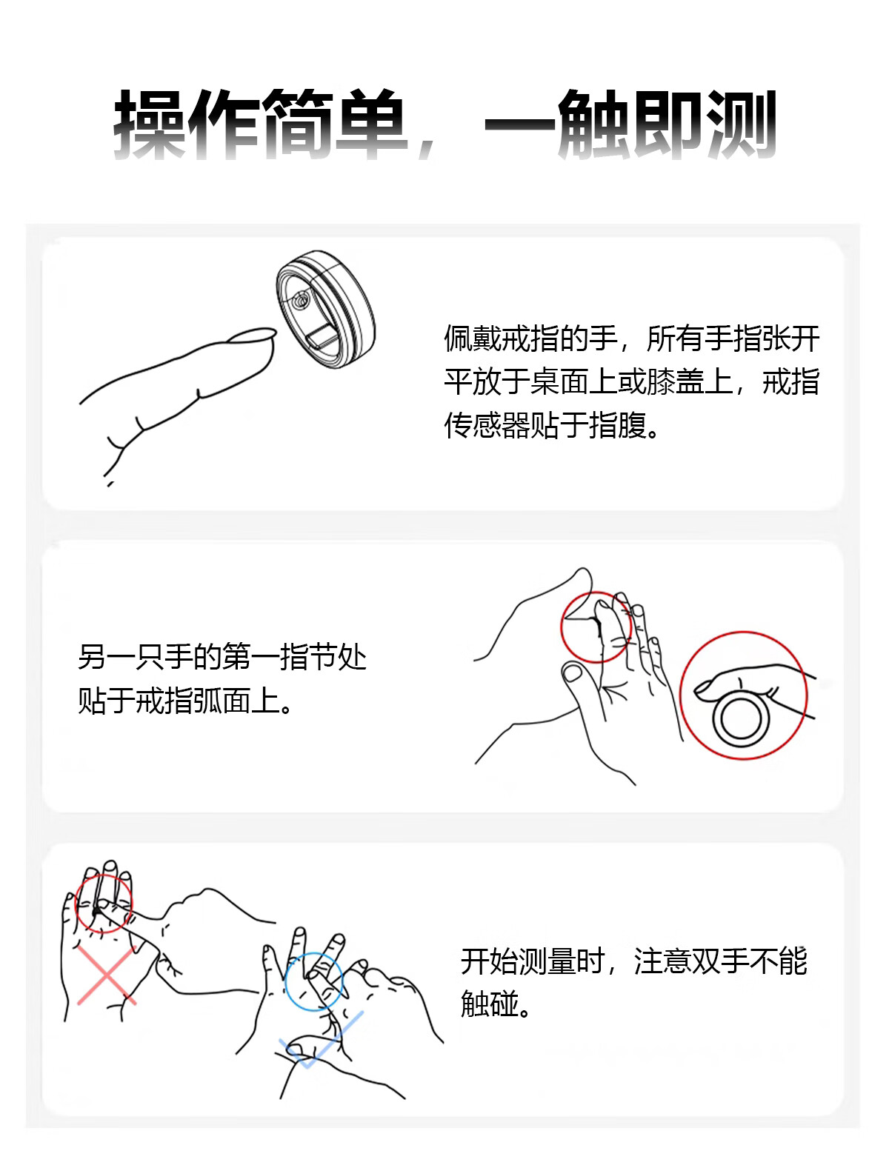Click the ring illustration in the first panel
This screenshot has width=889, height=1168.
pos(325,309)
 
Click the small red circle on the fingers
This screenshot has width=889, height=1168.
pos(596,627)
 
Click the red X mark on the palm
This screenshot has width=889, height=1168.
pos(107,975)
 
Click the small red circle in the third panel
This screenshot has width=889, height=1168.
pos(103,904)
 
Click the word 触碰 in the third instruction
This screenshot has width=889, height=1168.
pos(490,1004)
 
